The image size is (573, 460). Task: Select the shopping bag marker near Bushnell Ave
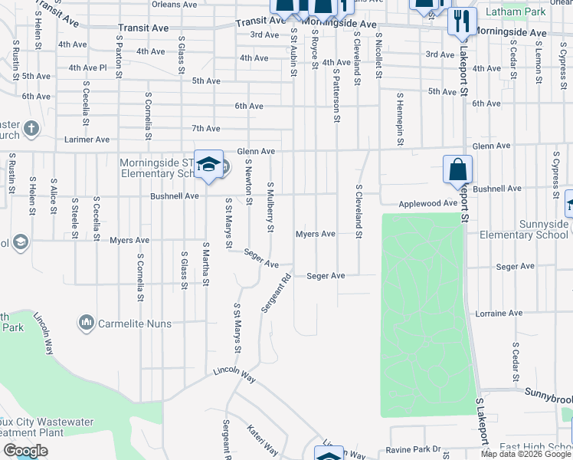(x=457, y=170)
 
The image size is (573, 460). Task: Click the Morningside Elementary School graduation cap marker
(x=208, y=165)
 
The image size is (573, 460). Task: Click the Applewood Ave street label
(x=427, y=204)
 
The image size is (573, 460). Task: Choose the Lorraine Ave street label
(x=499, y=314)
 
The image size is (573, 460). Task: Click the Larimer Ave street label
(x=87, y=140)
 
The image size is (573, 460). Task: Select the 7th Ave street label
(x=206, y=128)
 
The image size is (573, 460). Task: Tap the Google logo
(x=25, y=451)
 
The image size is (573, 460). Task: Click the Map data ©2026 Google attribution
(x=525, y=454)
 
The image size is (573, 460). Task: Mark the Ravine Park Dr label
(x=415, y=449)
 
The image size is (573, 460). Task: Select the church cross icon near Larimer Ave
(x=31, y=127)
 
